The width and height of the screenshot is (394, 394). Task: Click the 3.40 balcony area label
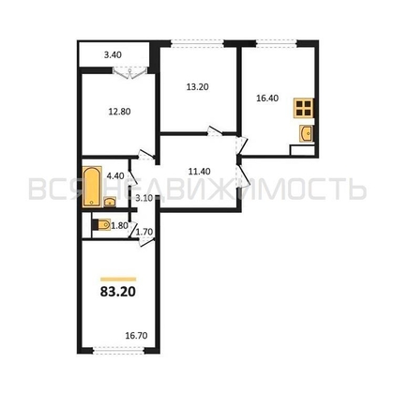[x=113, y=55]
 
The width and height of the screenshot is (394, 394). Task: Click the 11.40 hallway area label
[x=198, y=172]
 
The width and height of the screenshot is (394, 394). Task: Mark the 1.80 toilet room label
[x=121, y=226]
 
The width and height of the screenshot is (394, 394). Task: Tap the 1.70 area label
[x=144, y=231]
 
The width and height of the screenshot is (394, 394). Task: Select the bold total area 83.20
[x=117, y=292]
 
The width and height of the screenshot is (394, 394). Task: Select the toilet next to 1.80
[x=100, y=224]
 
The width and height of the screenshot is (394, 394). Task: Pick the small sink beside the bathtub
[x=111, y=200]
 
